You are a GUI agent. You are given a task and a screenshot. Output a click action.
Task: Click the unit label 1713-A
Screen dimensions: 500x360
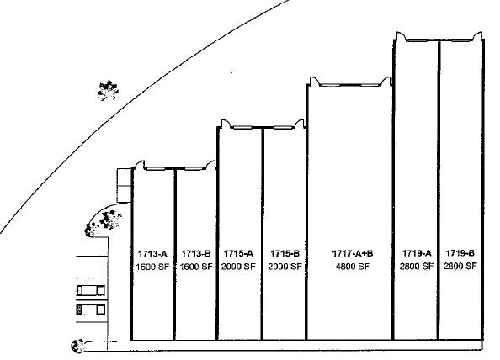click(152, 254)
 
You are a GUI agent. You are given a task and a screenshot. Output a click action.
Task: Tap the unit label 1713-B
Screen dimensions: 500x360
click(196, 253)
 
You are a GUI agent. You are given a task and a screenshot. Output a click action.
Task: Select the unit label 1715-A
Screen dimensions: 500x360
click(238, 253)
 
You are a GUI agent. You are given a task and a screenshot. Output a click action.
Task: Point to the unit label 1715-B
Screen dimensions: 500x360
click(285, 253)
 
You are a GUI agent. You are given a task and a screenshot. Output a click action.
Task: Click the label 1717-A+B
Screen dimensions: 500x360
click(353, 253)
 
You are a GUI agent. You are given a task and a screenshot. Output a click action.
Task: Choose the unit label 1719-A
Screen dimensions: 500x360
click(417, 253)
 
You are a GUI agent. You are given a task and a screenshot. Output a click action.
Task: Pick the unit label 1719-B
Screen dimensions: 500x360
click(460, 253)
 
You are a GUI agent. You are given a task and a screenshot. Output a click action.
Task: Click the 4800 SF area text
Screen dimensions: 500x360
click(353, 267)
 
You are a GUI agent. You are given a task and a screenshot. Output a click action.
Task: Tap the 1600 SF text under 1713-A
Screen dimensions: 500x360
click(152, 267)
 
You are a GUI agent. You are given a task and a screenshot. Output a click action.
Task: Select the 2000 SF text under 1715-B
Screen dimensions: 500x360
click(285, 267)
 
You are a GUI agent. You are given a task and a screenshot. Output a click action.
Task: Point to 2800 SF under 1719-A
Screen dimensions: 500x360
click(417, 266)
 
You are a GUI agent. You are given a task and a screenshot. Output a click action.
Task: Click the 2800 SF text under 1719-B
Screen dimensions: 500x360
click(460, 266)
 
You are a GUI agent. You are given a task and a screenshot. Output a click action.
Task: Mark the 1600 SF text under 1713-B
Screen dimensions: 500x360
click(196, 267)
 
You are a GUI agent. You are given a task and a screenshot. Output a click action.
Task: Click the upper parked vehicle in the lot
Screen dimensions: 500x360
click(91, 290)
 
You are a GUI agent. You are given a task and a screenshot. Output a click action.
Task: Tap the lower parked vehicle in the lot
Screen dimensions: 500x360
click(91, 310)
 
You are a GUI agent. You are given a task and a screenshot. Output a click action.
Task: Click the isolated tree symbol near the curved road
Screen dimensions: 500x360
click(108, 90)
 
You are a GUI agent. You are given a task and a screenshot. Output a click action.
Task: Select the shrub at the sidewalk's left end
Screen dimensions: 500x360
click(77, 346)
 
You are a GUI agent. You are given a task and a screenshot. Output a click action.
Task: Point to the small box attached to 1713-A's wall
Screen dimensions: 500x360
click(125, 185)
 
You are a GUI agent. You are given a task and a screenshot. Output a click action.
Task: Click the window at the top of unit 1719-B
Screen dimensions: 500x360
click(462, 40)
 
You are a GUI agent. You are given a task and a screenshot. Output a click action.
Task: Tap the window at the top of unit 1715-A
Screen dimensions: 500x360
click(242, 128)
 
